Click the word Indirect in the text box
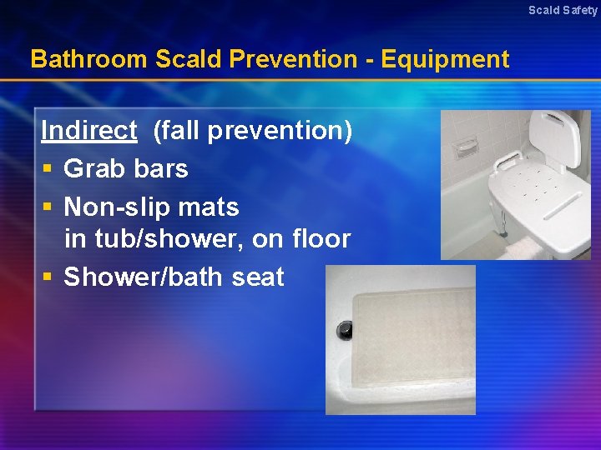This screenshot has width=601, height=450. [x=88, y=130]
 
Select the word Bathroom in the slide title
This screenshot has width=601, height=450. [x=88, y=59]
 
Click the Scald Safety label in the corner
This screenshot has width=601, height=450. [x=563, y=10]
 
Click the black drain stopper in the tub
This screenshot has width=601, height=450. [x=343, y=331]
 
